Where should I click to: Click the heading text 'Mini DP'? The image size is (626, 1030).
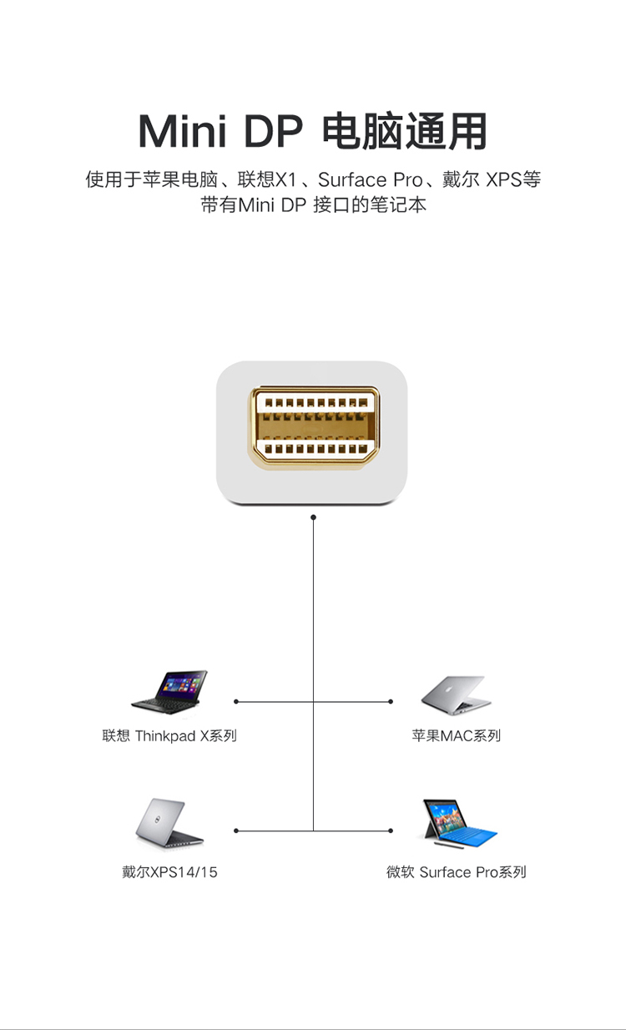pyautogui.click(x=220, y=131)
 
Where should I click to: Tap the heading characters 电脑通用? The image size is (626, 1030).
pyautogui.click(x=404, y=131)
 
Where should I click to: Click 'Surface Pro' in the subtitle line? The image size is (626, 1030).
pyautogui.click(x=371, y=179)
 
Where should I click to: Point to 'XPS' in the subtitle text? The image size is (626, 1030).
pyautogui.click(x=503, y=179)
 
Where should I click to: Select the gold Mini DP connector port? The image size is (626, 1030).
pyautogui.click(x=314, y=427)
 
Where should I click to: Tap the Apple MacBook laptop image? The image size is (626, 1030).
pyautogui.click(x=456, y=695)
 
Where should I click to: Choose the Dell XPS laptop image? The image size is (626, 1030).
pyautogui.click(x=169, y=823)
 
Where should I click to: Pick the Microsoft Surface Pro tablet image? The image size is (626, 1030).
pyautogui.click(x=459, y=824)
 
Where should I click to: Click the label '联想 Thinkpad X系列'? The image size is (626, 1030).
pyautogui.click(x=169, y=735)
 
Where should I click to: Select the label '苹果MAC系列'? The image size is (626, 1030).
pyautogui.click(x=456, y=735)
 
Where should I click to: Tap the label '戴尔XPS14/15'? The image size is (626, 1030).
pyautogui.click(x=169, y=871)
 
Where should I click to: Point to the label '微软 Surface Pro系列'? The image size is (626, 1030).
pyautogui.click(x=456, y=871)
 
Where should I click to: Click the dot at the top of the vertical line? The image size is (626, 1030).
pyautogui.click(x=313, y=518)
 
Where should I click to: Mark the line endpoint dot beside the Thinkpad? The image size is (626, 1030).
pyautogui.click(x=236, y=702)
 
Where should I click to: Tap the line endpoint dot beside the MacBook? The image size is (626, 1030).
pyautogui.click(x=391, y=702)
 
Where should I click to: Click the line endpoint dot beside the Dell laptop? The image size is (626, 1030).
pyautogui.click(x=236, y=831)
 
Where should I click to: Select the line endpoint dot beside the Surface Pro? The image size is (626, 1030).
pyautogui.click(x=391, y=831)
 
